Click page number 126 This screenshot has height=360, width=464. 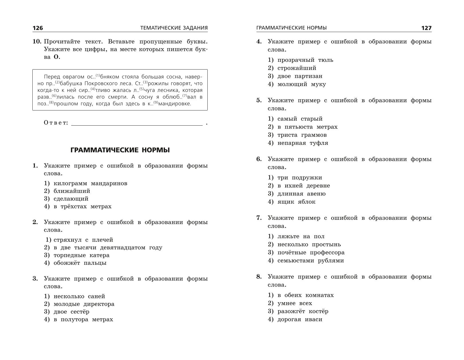tap(38, 28)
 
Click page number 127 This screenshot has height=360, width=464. tap(426, 28)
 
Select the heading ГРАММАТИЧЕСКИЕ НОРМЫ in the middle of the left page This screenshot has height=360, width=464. tap(120, 150)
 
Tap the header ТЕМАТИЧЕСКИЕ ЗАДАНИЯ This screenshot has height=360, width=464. tap(174, 28)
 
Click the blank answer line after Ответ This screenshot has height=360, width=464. tap(137, 123)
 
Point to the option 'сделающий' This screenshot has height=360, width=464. tap(71, 199)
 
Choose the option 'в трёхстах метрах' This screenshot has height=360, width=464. tap(82, 206)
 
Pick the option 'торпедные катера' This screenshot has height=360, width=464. tap(81, 255)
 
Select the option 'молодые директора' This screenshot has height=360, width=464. tap(84, 304)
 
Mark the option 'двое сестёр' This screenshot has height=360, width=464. tap(71, 312)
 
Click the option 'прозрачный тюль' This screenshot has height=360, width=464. tap(305, 60)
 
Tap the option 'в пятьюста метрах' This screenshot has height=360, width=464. tap(307, 127)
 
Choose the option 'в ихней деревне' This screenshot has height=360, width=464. tap(304, 186)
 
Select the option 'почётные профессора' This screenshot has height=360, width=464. tap(311, 253)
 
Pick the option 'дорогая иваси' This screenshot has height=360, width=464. tap(300, 319)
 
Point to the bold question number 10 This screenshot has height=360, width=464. tap(37, 42)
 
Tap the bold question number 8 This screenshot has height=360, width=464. tap(259, 277)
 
